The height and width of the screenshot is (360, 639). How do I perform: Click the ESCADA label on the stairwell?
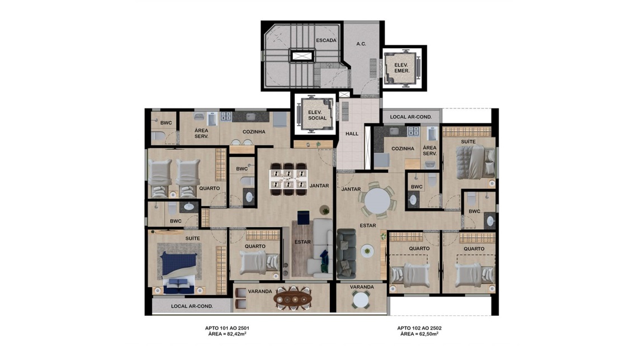(326, 40)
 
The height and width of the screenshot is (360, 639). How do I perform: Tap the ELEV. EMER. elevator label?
(401, 68)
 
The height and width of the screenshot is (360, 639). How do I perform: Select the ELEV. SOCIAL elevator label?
(317, 115)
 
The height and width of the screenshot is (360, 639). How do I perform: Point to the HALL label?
(352, 134)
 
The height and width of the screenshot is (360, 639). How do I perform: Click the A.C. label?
(361, 44)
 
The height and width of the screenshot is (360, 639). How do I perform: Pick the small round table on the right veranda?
(362, 300)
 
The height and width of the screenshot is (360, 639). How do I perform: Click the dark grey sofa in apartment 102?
(347, 253)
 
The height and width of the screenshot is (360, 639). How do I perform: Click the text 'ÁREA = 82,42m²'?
(227, 334)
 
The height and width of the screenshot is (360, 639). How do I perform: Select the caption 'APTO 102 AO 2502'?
(419, 328)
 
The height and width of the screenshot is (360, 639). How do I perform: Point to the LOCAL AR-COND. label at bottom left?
(192, 306)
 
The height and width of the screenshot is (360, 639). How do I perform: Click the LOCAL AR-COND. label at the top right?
(411, 117)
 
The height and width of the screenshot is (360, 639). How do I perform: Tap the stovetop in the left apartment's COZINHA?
(226, 116)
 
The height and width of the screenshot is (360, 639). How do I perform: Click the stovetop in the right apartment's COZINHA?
(413, 131)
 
